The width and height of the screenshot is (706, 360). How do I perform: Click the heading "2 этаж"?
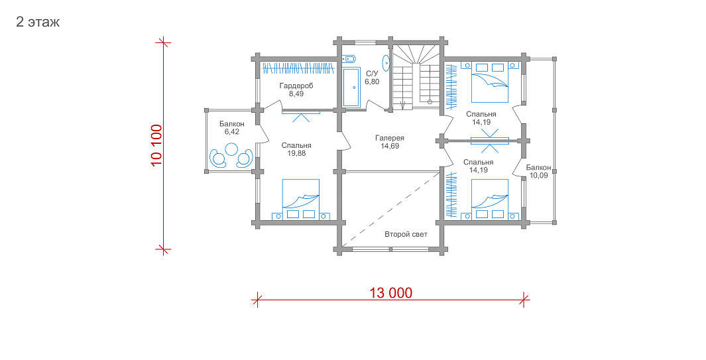pyautogui.click(x=38, y=22)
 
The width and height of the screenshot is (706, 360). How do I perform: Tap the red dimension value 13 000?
pyautogui.click(x=391, y=293)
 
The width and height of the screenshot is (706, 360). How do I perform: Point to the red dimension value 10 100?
pyautogui.click(x=156, y=145)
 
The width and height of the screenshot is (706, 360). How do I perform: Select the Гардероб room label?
pyautogui.click(x=296, y=86)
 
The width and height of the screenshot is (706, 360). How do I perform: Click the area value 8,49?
pyautogui.click(x=296, y=93)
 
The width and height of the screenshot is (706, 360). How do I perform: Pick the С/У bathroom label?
pyautogui.click(x=372, y=74)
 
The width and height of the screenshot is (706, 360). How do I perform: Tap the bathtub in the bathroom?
pyautogui.click(x=351, y=88)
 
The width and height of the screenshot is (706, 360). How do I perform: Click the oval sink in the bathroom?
pyautogui.click(x=386, y=63)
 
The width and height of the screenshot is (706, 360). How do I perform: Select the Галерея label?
pyautogui.click(x=390, y=139)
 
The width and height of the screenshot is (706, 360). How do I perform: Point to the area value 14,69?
pyautogui.click(x=390, y=146)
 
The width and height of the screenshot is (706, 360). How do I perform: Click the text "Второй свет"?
pyautogui.click(x=406, y=234)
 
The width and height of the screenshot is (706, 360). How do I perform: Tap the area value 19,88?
pyautogui.click(x=296, y=153)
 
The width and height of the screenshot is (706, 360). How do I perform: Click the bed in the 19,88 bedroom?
pyautogui.click(x=301, y=200)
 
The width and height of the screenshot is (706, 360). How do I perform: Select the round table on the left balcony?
pyautogui.click(x=232, y=149)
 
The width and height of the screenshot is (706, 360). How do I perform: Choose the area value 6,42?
pyautogui.click(x=232, y=131)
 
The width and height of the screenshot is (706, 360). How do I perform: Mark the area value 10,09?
pyautogui.click(x=538, y=175)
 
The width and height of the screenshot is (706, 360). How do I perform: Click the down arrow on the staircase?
pyautogui.click(x=402, y=105)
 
